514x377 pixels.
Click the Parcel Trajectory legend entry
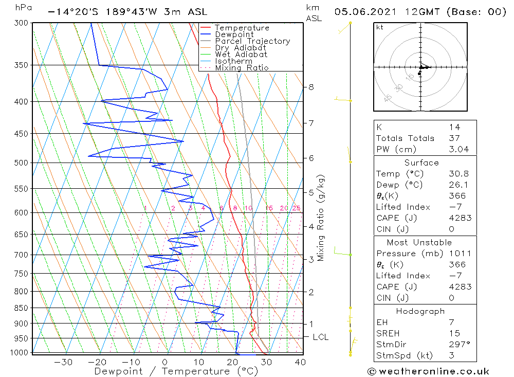(252, 41)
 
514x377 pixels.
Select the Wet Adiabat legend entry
(241, 55)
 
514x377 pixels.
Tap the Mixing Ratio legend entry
(242, 68)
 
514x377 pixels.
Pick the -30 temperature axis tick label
(63, 362)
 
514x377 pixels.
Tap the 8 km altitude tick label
(311, 87)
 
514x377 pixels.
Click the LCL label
(320, 337)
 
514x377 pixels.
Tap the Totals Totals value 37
(454, 138)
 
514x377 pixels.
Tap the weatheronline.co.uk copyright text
(428, 371)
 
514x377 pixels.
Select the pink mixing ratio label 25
(296, 208)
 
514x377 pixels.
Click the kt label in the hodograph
(380, 27)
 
